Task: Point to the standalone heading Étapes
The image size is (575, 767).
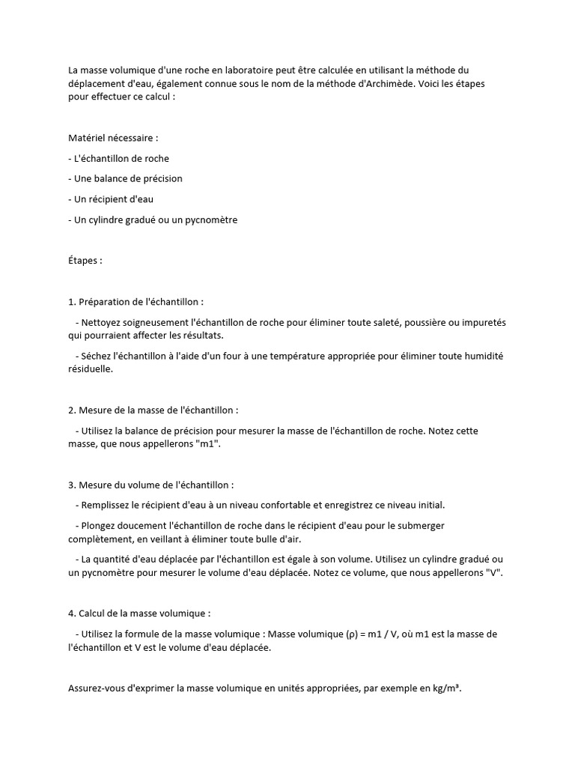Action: [x=85, y=261]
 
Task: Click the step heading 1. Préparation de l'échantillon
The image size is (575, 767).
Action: [x=136, y=302]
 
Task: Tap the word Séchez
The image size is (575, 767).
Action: [x=97, y=356]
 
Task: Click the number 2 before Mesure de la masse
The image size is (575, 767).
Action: [x=71, y=410]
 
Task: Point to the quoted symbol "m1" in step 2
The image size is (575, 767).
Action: [x=208, y=444]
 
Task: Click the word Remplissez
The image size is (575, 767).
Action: [x=109, y=505]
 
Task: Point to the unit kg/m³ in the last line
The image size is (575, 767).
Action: [x=446, y=690]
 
